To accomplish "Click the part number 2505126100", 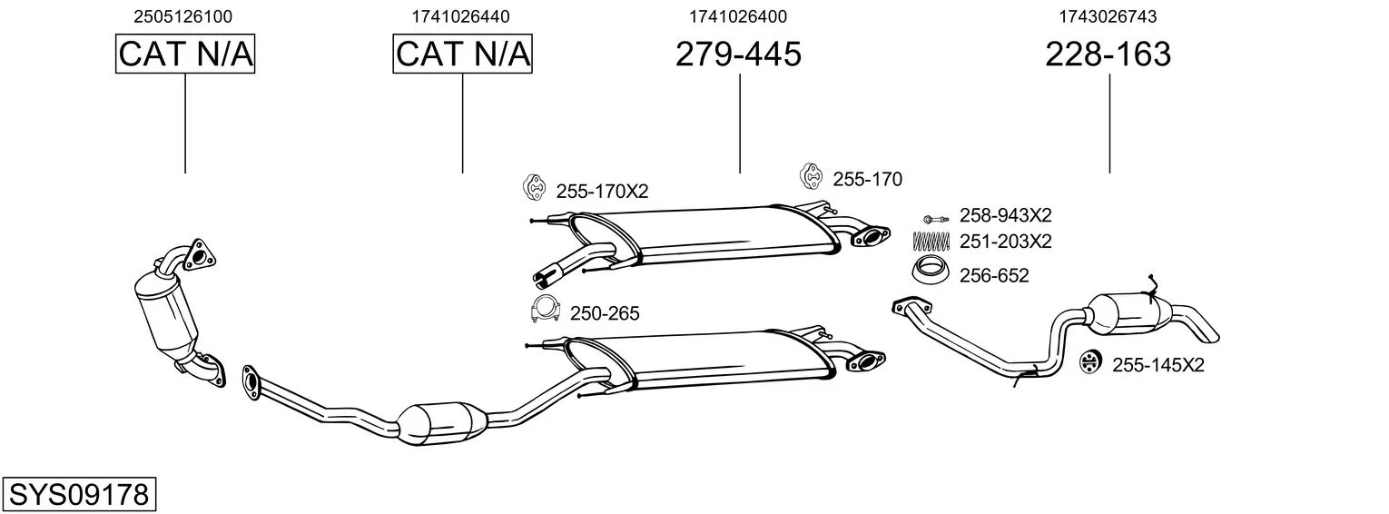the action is pyautogui.click(x=182, y=16).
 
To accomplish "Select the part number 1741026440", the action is pyautogui.click(x=460, y=16).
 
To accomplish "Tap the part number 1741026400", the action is pyautogui.click(x=738, y=16).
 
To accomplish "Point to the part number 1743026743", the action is pyautogui.click(x=1108, y=16).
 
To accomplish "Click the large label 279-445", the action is pyautogui.click(x=738, y=54).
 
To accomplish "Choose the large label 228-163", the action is pyautogui.click(x=1108, y=54).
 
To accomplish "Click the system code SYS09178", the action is pyautogui.click(x=79, y=494).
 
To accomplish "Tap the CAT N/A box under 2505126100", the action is pyautogui.click(x=185, y=54).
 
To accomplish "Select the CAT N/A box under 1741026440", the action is pyautogui.click(x=463, y=54).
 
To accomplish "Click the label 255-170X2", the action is pyautogui.click(x=602, y=192).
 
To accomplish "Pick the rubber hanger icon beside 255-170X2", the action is pyautogui.click(x=533, y=187).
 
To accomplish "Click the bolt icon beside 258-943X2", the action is pyautogui.click(x=936, y=219).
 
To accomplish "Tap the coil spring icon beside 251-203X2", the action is pyautogui.click(x=931, y=241).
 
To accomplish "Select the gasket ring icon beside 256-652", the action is pyautogui.click(x=931, y=271).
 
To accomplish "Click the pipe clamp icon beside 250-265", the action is pyautogui.click(x=545, y=310).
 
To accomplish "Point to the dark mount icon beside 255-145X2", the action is pyautogui.click(x=1089, y=362).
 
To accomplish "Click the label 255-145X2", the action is pyautogui.click(x=1158, y=365).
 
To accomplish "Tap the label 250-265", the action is pyautogui.click(x=605, y=313).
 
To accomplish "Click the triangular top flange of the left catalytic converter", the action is pyautogui.click(x=199, y=254).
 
